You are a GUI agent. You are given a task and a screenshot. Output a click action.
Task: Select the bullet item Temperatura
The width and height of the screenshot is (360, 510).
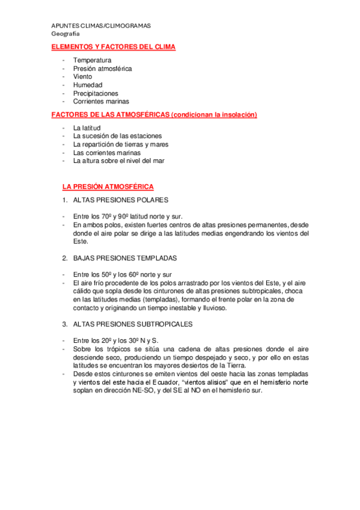click(x=92, y=60)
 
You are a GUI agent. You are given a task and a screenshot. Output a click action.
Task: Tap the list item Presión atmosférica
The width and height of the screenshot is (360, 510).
click(x=102, y=69)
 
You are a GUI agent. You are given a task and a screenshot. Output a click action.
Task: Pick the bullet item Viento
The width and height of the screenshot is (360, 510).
click(x=84, y=77)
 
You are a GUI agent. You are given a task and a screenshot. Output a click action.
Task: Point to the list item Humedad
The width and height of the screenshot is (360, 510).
click(x=87, y=85)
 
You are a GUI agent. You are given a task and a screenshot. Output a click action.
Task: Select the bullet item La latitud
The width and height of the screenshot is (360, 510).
click(x=87, y=128)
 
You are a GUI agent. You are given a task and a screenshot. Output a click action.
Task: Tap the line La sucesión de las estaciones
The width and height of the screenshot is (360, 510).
click(x=117, y=136)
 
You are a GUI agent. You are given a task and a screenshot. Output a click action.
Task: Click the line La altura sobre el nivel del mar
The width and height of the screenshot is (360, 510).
click(x=118, y=161)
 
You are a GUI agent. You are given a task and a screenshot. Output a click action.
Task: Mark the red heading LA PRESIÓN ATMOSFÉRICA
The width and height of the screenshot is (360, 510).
click(x=108, y=186)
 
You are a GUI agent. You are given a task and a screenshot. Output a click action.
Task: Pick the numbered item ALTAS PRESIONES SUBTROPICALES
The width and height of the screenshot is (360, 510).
click(x=132, y=324)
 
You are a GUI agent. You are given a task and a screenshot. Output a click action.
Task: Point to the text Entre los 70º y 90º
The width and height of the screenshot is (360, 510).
click(x=99, y=217)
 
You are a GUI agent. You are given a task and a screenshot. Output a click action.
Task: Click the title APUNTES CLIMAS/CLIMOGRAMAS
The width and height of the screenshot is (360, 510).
click(x=101, y=26)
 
